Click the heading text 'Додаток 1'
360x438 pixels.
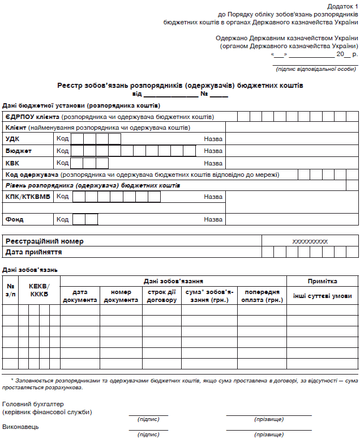pyautogui.click(x=344, y=5)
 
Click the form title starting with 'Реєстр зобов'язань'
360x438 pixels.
pyautogui.click(x=180, y=86)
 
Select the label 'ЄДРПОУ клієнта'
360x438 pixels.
pyautogui.click(x=32, y=117)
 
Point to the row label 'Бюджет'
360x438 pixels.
pyautogui.click(x=19, y=151)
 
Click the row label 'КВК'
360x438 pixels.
pyautogui.click(x=12, y=163)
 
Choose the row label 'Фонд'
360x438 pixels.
pyautogui.click(x=15, y=219)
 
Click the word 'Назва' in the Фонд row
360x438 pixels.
pyautogui.click(x=213, y=219)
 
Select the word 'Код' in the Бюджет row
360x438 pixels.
pyautogui.click(x=62, y=151)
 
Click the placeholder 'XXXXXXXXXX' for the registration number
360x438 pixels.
pyautogui.click(x=310, y=241)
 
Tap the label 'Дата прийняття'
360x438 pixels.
pyautogui.click(x=34, y=252)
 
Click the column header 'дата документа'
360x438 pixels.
pyautogui.click(x=80, y=296)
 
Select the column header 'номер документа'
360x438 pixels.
pyautogui.click(x=121, y=296)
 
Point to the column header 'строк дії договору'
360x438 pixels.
pyautogui.click(x=161, y=296)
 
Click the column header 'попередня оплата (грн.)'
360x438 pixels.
pyautogui.click(x=263, y=296)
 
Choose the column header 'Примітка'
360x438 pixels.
pyautogui.click(x=322, y=281)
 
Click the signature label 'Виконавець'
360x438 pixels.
pyautogui.click(x=21, y=426)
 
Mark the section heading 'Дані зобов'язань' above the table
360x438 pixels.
pyautogui.click(x=30, y=269)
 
